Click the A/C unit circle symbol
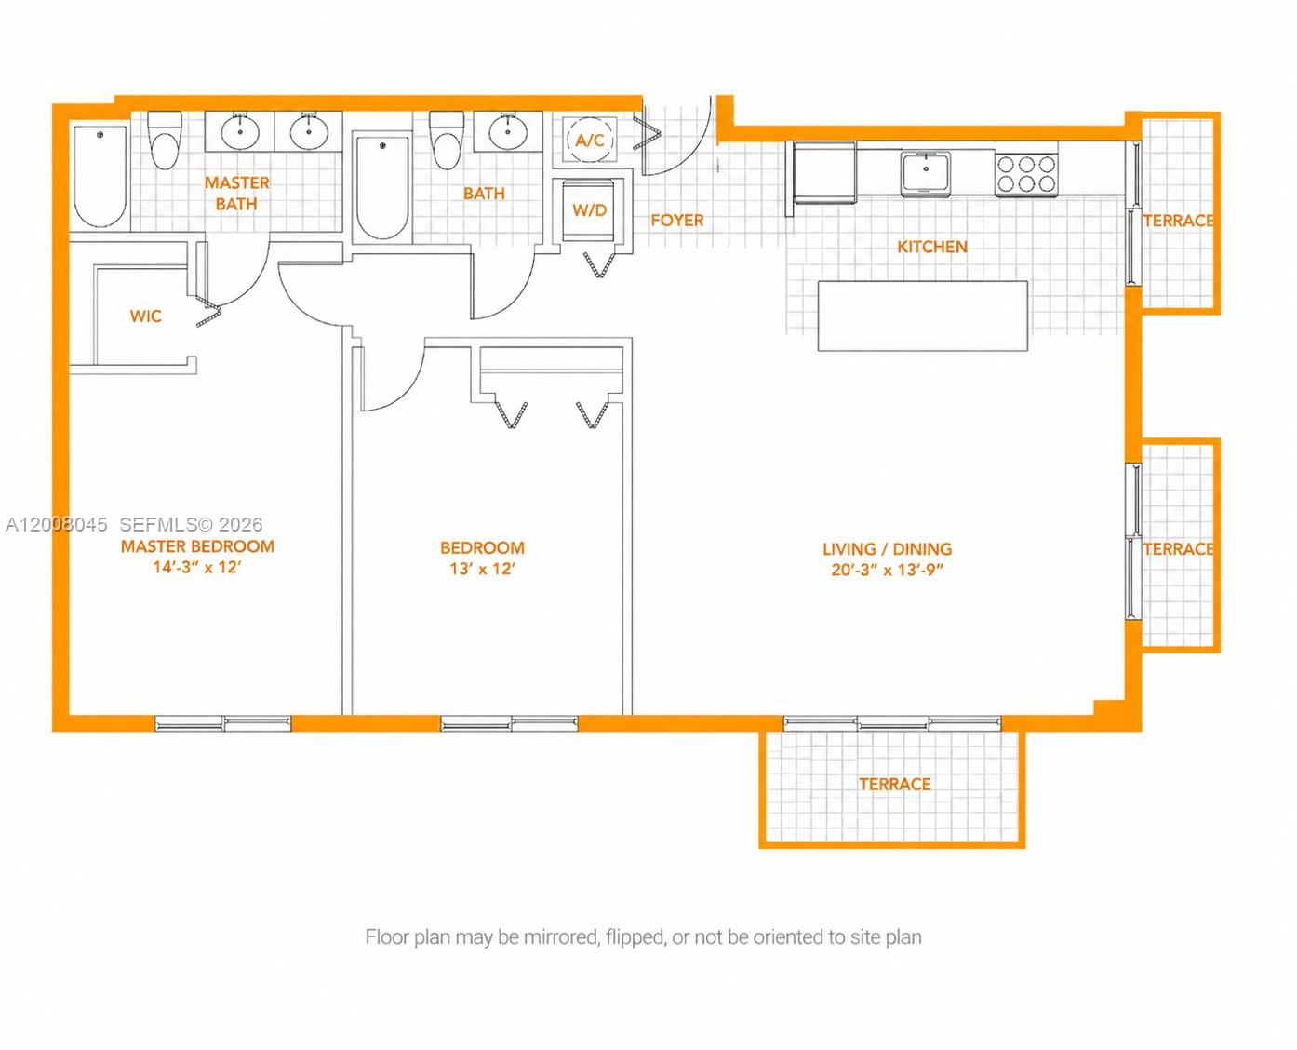click(x=590, y=140)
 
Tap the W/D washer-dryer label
click(x=589, y=210)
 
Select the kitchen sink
click(x=925, y=172)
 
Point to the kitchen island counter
click(x=922, y=316)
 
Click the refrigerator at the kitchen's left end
click(x=824, y=172)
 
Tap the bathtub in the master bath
click(x=100, y=176)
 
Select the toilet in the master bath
click(x=166, y=141)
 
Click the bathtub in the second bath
click(x=381, y=186)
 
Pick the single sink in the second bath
click(x=508, y=131)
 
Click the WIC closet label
click(x=145, y=316)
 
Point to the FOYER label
click(x=676, y=221)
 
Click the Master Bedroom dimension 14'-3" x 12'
click(x=197, y=568)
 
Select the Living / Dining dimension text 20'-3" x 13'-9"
click(x=887, y=571)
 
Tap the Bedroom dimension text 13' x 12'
click(x=482, y=569)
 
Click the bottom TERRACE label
click(x=894, y=785)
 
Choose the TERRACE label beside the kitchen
click(x=1178, y=221)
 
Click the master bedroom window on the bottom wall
click(x=222, y=723)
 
